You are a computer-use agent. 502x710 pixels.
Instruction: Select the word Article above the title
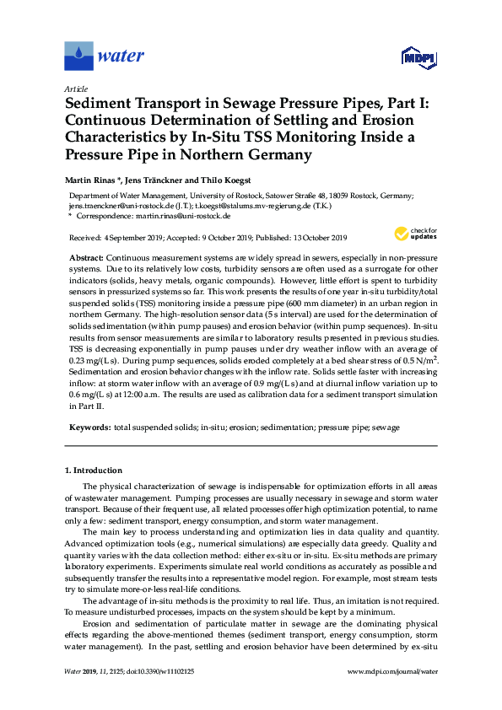75,89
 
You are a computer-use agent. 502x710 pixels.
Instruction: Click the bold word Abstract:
86,255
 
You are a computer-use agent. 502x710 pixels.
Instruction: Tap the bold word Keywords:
89,428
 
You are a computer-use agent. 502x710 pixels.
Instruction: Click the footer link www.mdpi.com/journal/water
392,671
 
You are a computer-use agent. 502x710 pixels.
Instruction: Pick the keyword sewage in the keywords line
386,428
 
